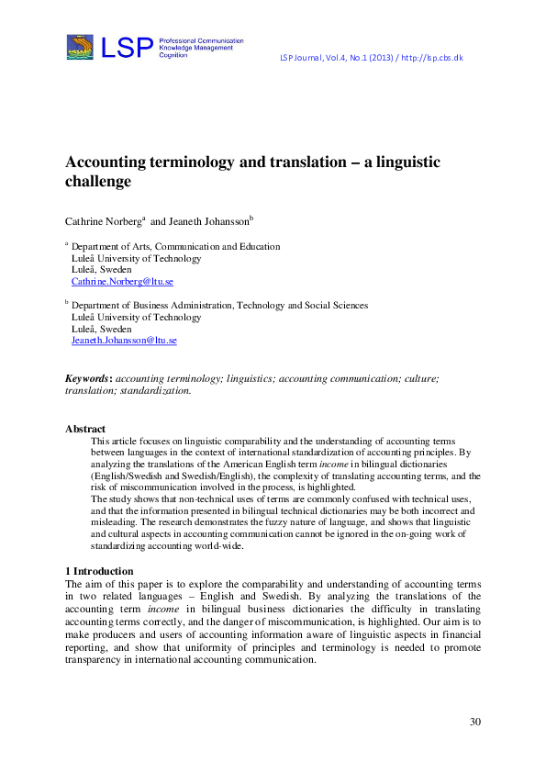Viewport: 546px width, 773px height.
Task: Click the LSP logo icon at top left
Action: tap(80, 47)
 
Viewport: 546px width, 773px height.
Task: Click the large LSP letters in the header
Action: tap(127, 48)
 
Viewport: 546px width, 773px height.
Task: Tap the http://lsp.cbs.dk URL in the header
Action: tap(429, 58)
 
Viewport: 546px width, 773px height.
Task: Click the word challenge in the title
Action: tap(98, 182)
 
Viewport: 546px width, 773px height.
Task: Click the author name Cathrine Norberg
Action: tap(102, 221)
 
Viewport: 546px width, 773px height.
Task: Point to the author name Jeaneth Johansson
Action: tap(208, 221)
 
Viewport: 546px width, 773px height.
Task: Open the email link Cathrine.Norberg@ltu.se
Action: tap(122, 282)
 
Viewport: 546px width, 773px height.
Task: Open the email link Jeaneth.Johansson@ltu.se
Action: tap(124, 341)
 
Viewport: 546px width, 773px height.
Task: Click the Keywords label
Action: tap(88, 378)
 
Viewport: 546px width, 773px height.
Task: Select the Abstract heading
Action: tap(85, 429)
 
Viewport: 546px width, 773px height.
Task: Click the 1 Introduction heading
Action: tap(101, 571)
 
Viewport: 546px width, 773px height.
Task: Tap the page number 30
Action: tap(474, 722)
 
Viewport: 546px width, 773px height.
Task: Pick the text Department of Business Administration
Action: tap(152, 306)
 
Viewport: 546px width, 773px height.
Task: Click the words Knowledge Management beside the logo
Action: tap(196, 48)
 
